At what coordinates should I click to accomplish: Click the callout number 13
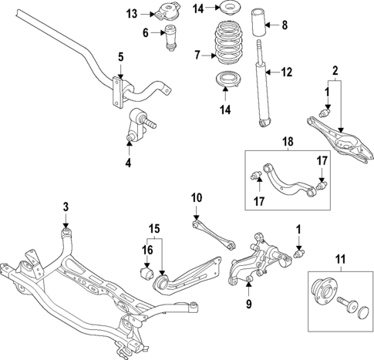[132, 13]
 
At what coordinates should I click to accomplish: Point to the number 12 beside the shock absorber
[286, 73]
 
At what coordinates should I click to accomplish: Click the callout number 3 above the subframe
[66, 206]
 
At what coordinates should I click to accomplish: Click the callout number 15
[154, 229]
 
